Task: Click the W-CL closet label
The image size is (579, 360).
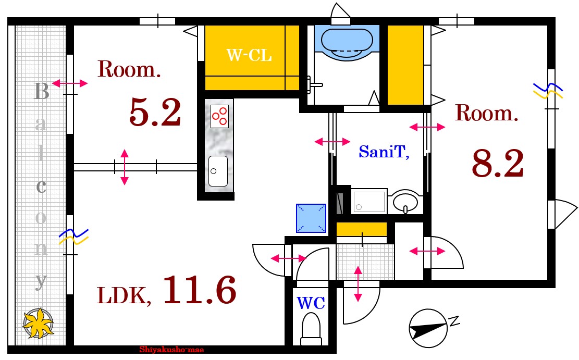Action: coord(249,55)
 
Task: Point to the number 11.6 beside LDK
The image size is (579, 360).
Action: coord(200,290)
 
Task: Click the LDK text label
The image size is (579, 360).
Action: coord(124,296)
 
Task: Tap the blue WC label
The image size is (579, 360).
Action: coord(311,303)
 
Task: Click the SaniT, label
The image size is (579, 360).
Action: coord(384,152)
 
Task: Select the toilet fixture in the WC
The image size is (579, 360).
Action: coord(311,329)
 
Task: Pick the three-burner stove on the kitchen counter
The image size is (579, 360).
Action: coord(219,116)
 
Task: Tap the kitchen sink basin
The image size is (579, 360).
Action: coord(218,171)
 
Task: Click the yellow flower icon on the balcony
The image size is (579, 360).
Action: coord(38,323)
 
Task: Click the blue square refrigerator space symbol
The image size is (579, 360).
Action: coord(311,218)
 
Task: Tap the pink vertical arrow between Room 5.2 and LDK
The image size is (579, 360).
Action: coord(125,167)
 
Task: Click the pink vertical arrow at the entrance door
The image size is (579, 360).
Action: coord(358,284)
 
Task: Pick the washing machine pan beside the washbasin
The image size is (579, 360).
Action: coord(369,201)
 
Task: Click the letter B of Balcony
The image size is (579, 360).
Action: coord(41,92)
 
